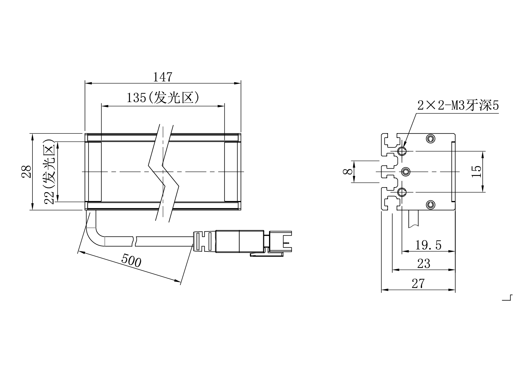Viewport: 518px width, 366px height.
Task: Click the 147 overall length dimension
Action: click(x=162, y=77)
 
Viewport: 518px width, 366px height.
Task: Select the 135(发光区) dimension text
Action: click(x=162, y=98)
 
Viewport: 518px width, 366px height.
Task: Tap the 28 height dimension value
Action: click(x=27, y=171)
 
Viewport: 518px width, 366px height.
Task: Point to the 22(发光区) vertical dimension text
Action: click(x=49, y=171)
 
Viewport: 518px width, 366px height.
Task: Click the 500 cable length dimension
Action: click(x=131, y=260)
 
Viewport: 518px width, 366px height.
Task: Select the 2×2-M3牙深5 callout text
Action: click(x=458, y=105)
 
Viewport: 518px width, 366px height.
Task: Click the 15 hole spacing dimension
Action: click(x=476, y=171)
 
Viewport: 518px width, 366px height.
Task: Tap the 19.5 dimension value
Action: click(x=428, y=245)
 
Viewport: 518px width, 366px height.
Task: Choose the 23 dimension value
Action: click(x=423, y=264)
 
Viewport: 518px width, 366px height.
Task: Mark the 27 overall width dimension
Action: click(x=418, y=284)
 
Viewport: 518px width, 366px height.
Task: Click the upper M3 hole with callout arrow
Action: click(x=402, y=151)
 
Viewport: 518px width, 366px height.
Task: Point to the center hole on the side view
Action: click(x=406, y=171)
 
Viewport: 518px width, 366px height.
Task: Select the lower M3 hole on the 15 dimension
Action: click(x=402, y=192)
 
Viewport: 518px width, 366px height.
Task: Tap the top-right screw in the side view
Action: click(x=431, y=138)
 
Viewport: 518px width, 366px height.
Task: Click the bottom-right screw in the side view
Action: click(x=431, y=204)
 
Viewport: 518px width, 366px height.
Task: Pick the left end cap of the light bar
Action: click(x=95, y=171)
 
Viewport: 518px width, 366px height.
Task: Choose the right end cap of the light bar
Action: click(x=231, y=171)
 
